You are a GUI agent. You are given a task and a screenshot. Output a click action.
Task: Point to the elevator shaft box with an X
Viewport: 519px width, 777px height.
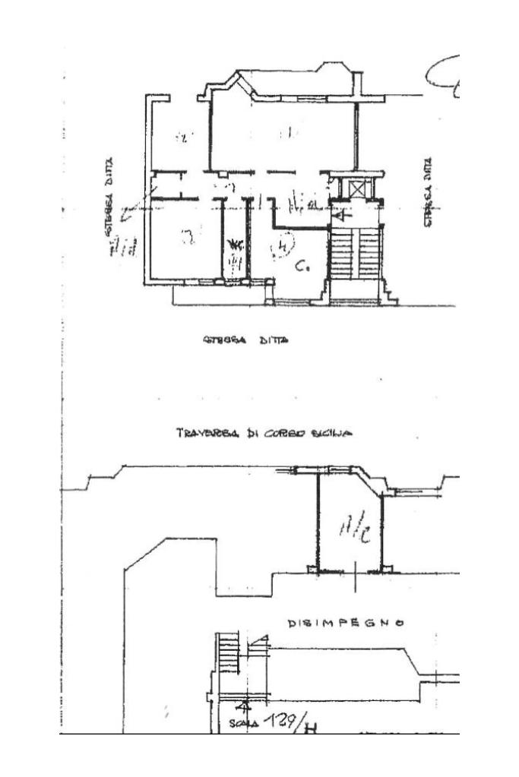[356, 186]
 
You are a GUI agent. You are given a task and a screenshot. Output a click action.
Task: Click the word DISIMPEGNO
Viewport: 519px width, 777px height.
[345, 624]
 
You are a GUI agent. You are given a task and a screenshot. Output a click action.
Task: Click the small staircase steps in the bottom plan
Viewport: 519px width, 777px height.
[228, 652]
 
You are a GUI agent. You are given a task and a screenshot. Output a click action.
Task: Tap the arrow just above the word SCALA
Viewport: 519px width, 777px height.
[245, 706]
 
